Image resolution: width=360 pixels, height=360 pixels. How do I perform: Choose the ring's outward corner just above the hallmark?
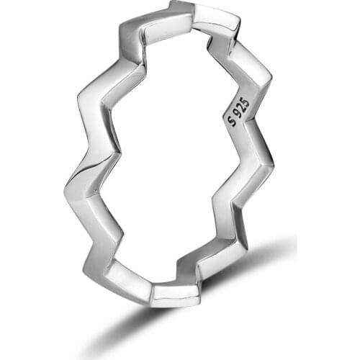pos(271,72)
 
